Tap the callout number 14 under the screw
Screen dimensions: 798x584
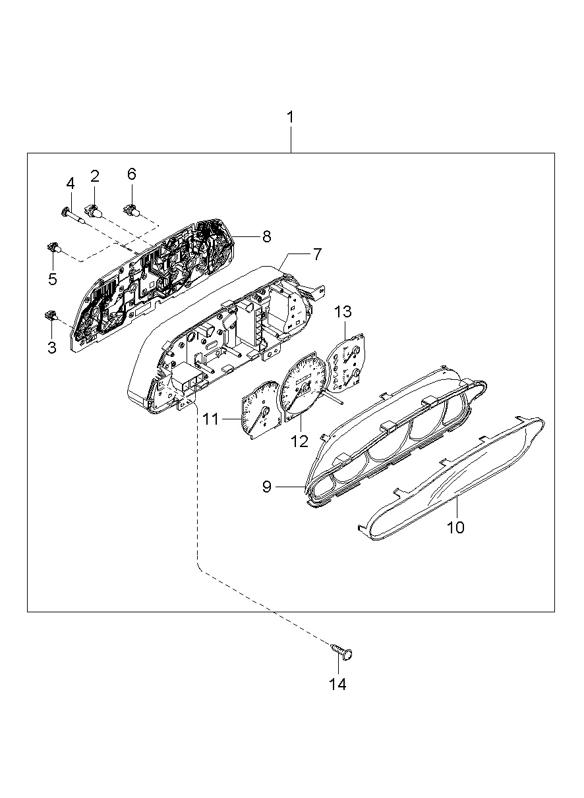click(337, 685)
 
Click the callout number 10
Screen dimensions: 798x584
click(455, 527)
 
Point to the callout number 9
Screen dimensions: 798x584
click(267, 487)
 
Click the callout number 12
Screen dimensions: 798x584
click(300, 441)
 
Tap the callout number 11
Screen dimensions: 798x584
click(210, 418)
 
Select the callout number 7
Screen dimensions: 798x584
click(317, 253)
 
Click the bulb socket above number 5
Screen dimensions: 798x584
click(52, 248)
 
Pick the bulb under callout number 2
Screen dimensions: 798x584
click(95, 211)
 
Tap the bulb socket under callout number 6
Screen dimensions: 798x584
click(132, 211)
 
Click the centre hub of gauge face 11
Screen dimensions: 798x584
click(266, 413)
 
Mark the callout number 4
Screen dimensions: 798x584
click(69, 184)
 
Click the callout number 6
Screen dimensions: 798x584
click(131, 174)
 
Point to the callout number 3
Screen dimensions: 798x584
click(52, 347)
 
